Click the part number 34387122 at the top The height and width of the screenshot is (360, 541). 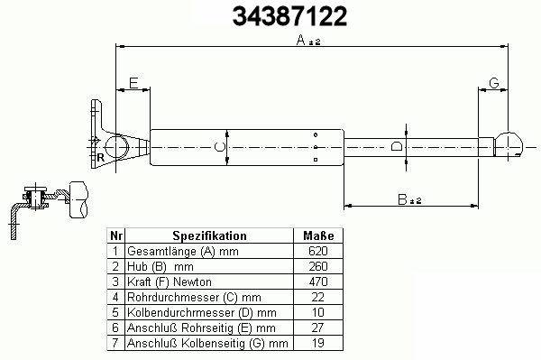coord(289,16)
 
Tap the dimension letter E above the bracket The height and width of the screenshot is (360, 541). coord(133,83)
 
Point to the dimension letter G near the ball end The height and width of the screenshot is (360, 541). coord(494,83)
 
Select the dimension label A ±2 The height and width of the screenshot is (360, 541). coord(308,41)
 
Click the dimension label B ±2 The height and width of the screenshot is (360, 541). coord(409,199)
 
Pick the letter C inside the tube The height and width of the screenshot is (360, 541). coord(219,147)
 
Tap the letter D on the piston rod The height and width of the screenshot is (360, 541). coord(397,146)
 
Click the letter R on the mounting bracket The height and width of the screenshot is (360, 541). coord(100,158)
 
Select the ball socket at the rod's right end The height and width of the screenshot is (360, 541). coord(509,145)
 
